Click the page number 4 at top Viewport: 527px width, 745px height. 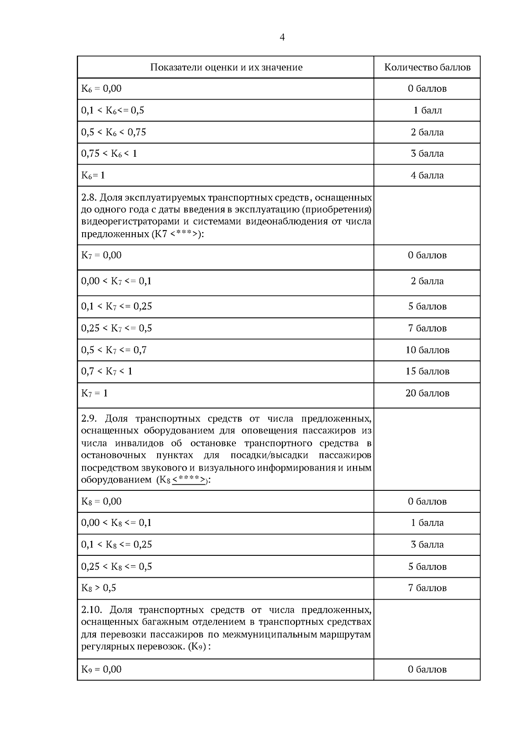pos(282,37)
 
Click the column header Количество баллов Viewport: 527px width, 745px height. pos(427,67)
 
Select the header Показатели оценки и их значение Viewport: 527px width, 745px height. pos(226,67)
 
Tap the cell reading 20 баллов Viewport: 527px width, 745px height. pos(427,393)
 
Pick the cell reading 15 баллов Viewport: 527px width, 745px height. pos(427,371)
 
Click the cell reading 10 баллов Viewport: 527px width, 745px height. pos(427,350)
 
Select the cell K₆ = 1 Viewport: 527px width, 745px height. pos(93,175)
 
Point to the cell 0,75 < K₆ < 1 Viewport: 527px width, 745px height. pos(109,154)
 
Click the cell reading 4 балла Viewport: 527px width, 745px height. pos(427,175)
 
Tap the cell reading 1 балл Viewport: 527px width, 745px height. pos(427,110)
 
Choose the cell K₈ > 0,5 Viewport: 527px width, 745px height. pos(99,588)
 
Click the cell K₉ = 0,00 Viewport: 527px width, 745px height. pos(101,669)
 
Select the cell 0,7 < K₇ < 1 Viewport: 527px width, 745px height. pos(106,371)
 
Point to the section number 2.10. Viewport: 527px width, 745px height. pos(91,610)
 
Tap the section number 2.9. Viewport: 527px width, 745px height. pos(89,418)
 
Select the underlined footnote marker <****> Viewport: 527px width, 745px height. pos(189,480)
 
